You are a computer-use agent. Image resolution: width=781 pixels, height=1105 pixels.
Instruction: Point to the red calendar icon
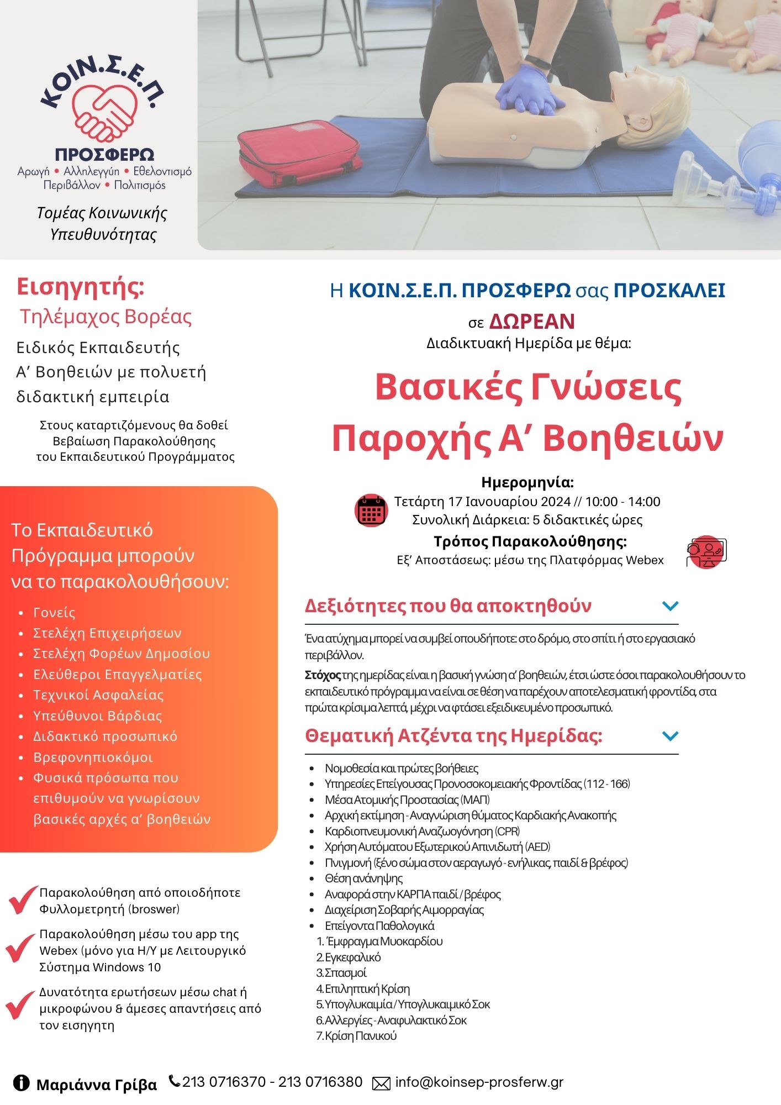click(x=371, y=510)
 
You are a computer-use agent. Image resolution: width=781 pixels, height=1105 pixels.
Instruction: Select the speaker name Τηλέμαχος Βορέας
click(x=105, y=317)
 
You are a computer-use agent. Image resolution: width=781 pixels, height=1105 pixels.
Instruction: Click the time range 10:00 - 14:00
click(x=622, y=502)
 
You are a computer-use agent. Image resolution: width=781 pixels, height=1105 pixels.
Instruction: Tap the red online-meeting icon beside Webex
click(x=706, y=551)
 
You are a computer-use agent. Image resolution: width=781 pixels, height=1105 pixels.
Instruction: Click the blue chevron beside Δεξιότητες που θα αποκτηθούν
click(x=670, y=606)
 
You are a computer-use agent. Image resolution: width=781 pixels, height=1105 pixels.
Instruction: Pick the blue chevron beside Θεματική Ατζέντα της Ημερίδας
click(x=670, y=736)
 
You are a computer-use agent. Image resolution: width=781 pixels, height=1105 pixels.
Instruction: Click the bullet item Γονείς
click(x=54, y=612)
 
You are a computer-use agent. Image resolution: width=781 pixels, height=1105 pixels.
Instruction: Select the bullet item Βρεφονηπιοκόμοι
click(x=93, y=757)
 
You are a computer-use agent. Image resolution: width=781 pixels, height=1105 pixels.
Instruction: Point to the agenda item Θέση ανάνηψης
click(x=364, y=878)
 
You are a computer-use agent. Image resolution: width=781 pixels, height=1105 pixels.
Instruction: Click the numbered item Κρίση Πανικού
click(x=361, y=1035)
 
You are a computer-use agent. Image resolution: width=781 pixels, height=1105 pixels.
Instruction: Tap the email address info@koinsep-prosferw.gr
click(x=479, y=1082)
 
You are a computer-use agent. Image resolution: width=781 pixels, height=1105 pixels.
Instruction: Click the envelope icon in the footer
click(x=381, y=1083)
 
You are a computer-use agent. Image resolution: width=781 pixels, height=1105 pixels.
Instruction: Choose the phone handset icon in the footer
click(x=175, y=1081)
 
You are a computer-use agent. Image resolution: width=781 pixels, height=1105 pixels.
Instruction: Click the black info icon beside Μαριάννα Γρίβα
click(x=22, y=1083)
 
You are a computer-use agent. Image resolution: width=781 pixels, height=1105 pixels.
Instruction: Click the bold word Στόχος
click(x=323, y=675)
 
